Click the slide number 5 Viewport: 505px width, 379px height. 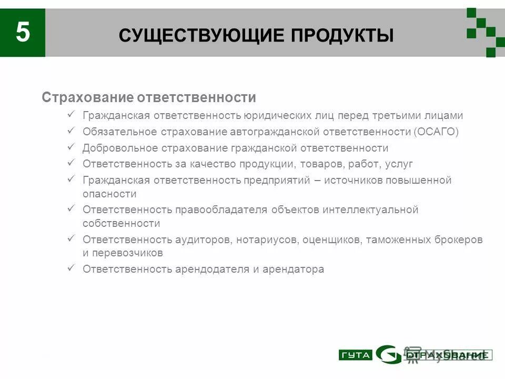pos(23,33)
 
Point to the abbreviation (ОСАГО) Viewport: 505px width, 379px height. pos(436,132)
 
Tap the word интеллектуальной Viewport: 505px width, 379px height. pos(370,210)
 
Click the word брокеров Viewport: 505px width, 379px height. pos(458,240)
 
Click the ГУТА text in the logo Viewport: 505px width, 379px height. pos(355,355)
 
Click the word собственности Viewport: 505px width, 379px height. pos(121,223)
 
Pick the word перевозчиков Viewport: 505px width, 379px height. pos(127,253)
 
